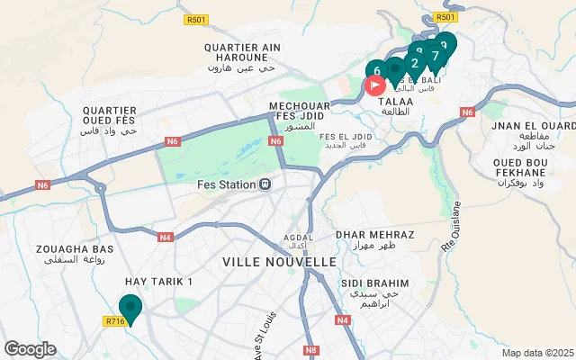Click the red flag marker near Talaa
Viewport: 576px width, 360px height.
pos(374,85)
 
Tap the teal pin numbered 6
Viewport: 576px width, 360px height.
pos(376,70)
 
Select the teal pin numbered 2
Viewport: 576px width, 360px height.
pos(414,62)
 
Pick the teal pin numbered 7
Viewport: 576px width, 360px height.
pos(435,55)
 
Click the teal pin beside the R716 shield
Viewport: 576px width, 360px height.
pos(130,308)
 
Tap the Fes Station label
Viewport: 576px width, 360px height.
pos(226,185)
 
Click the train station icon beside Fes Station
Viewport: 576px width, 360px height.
pos(265,185)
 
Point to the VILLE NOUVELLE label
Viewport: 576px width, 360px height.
pos(279,262)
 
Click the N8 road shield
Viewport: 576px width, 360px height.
pos(311,350)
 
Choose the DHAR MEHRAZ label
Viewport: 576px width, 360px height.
pos(374,234)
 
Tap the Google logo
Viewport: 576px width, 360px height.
pos(30,349)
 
